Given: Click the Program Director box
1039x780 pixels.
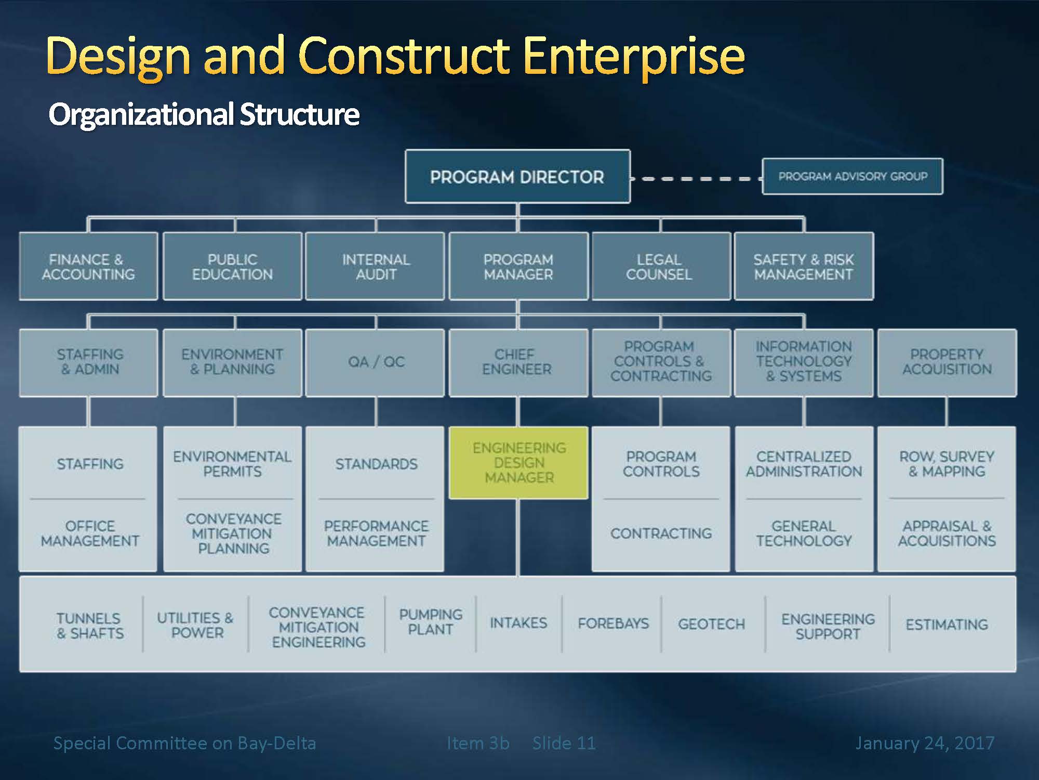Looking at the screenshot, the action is click(517, 176).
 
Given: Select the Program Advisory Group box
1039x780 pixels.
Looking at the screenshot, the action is click(852, 176).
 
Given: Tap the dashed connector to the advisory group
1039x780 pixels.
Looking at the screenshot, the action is click(696, 178).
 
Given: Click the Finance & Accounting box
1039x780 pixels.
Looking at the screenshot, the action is click(88, 266).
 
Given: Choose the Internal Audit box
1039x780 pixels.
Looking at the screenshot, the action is click(375, 266).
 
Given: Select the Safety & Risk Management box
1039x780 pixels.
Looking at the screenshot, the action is click(804, 266).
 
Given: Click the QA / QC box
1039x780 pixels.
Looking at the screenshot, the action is click(375, 362).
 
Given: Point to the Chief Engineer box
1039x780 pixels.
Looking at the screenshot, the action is click(518, 362).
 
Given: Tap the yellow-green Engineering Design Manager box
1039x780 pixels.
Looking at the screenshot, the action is click(518, 463).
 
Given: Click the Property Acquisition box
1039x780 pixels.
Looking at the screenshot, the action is click(947, 362).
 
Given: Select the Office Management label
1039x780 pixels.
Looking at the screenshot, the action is click(90, 534).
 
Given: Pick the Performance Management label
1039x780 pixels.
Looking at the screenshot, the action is click(376, 534).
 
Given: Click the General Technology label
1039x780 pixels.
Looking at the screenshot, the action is click(804, 534).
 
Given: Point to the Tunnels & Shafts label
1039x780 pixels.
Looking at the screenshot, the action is click(90, 626).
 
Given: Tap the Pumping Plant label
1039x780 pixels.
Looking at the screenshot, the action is click(431, 622).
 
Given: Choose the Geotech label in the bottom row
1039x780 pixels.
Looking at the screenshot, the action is click(711, 623).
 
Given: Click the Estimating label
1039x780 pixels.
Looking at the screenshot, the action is click(947, 624).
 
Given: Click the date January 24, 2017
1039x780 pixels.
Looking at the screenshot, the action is click(925, 743).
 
